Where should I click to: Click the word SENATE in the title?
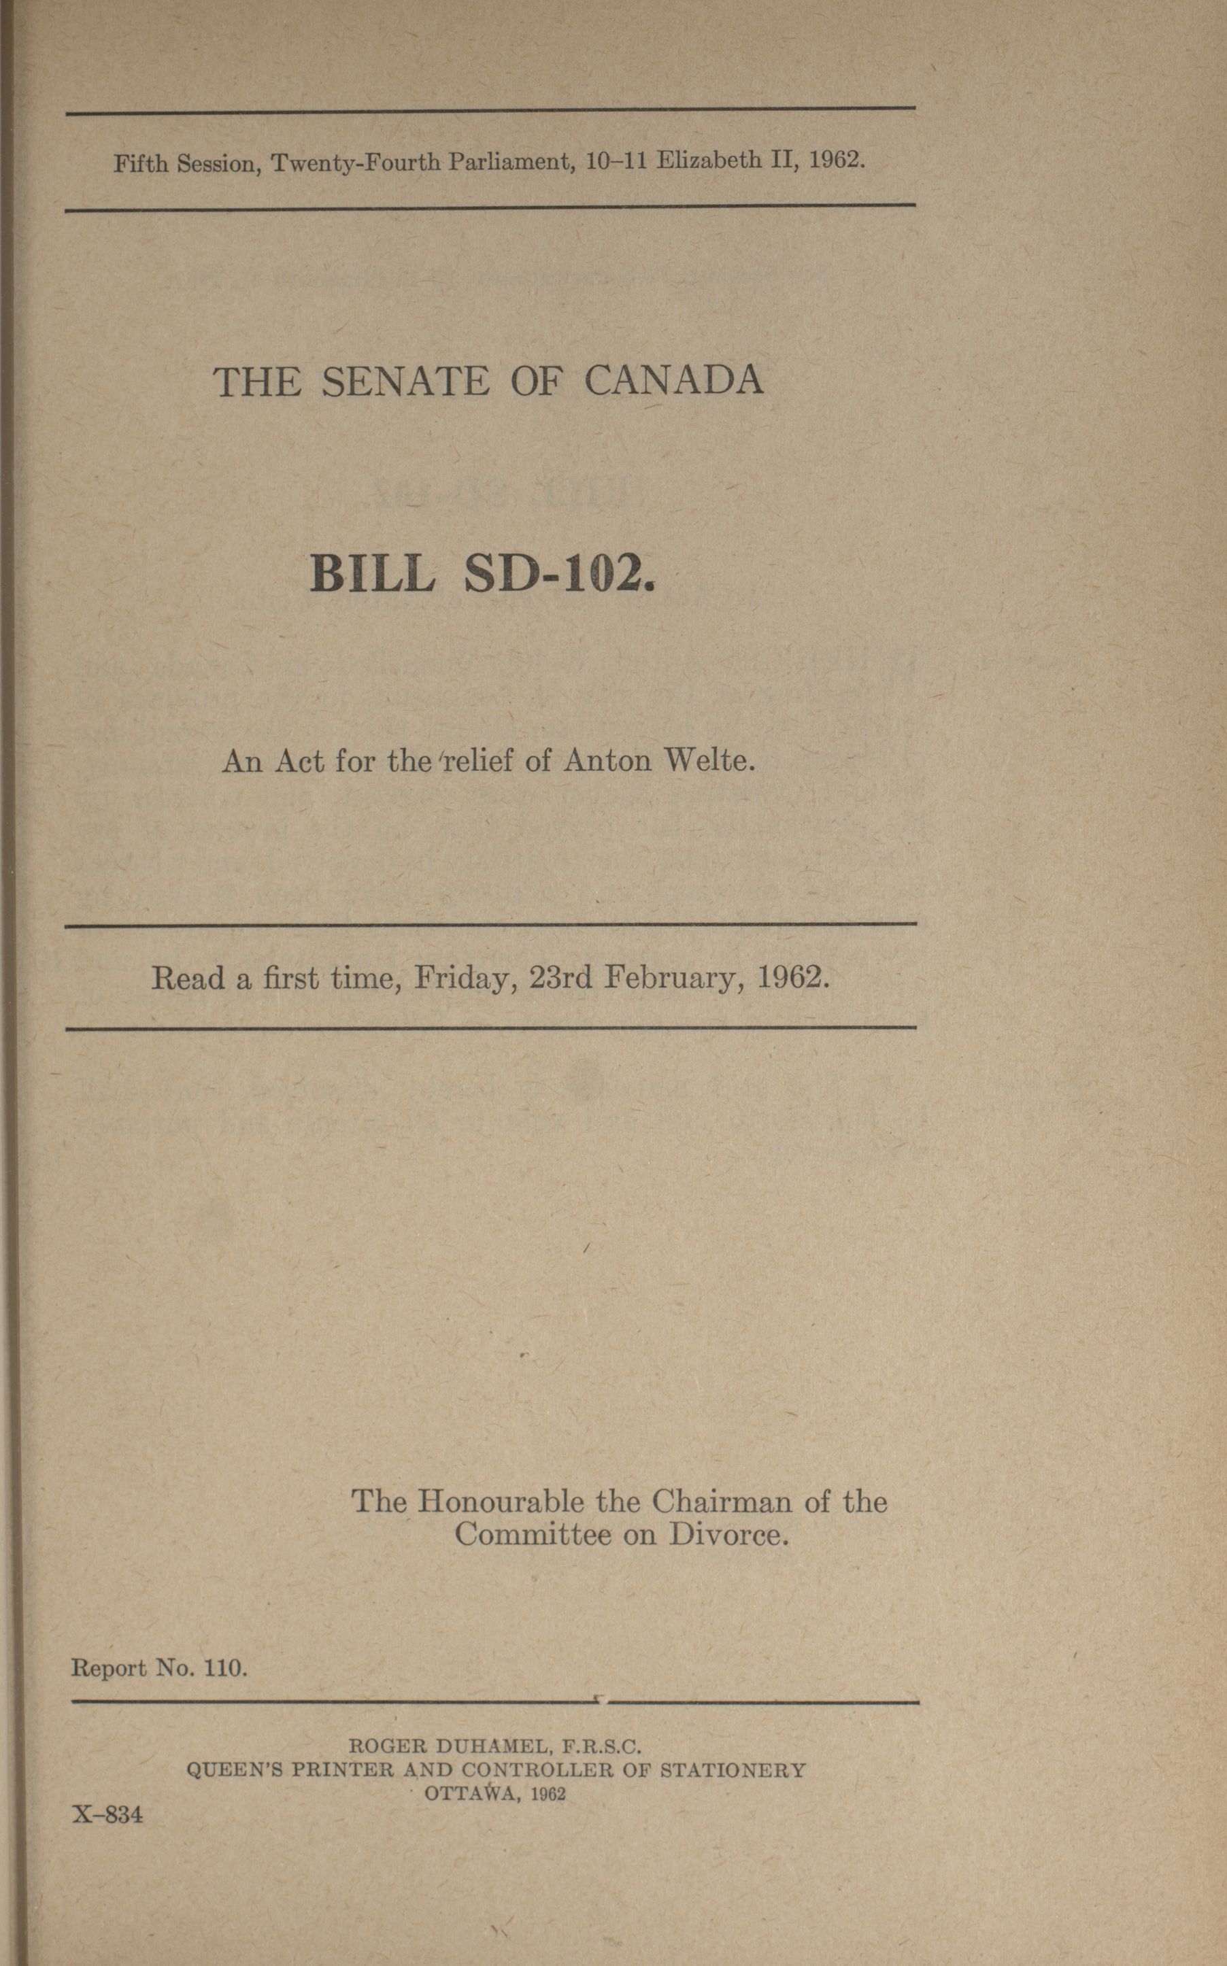pos(405,382)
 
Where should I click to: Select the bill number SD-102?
pos(559,575)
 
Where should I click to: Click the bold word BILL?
pos(373,575)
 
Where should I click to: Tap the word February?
pos(674,979)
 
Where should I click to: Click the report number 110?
pos(226,1668)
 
